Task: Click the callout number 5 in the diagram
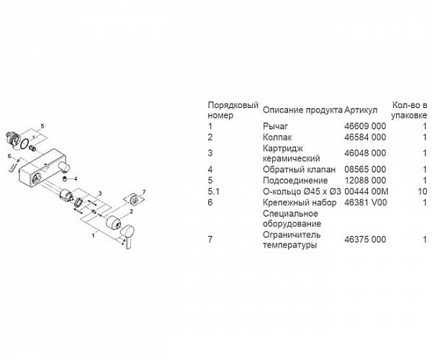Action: click(42, 126)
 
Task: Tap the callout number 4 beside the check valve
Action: click(76, 179)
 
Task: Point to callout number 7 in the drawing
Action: click(143, 192)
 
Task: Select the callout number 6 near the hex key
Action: click(9, 156)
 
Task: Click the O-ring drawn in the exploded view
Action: click(24, 143)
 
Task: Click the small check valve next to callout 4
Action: click(65, 179)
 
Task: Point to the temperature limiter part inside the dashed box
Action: click(134, 199)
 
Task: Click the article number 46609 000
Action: click(365, 126)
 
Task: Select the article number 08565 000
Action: click(365, 169)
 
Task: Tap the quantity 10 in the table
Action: click(422, 191)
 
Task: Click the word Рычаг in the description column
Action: click(275, 127)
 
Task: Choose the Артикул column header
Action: click(361, 110)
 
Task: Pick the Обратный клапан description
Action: click(300, 169)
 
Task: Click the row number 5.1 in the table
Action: click(214, 191)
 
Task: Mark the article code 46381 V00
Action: click(366, 202)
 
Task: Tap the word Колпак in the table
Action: click(277, 138)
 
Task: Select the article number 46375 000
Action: click(365, 239)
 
